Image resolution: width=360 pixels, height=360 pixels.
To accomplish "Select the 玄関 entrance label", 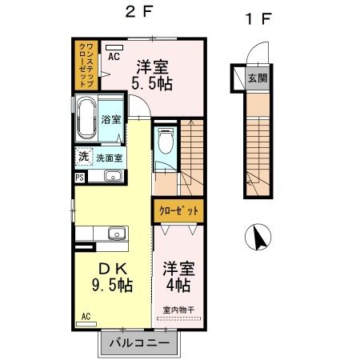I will tap(257, 78).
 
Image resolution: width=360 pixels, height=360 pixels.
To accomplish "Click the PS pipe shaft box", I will tap(79, 178).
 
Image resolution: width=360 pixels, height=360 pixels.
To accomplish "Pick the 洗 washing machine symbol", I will tap(83, 158).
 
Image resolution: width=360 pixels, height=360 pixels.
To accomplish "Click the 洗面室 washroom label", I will tap(110, 158).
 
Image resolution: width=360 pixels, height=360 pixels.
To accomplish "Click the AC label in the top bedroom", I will tap(114, 57).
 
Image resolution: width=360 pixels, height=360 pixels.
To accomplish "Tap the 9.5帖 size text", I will tap(110, 284).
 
